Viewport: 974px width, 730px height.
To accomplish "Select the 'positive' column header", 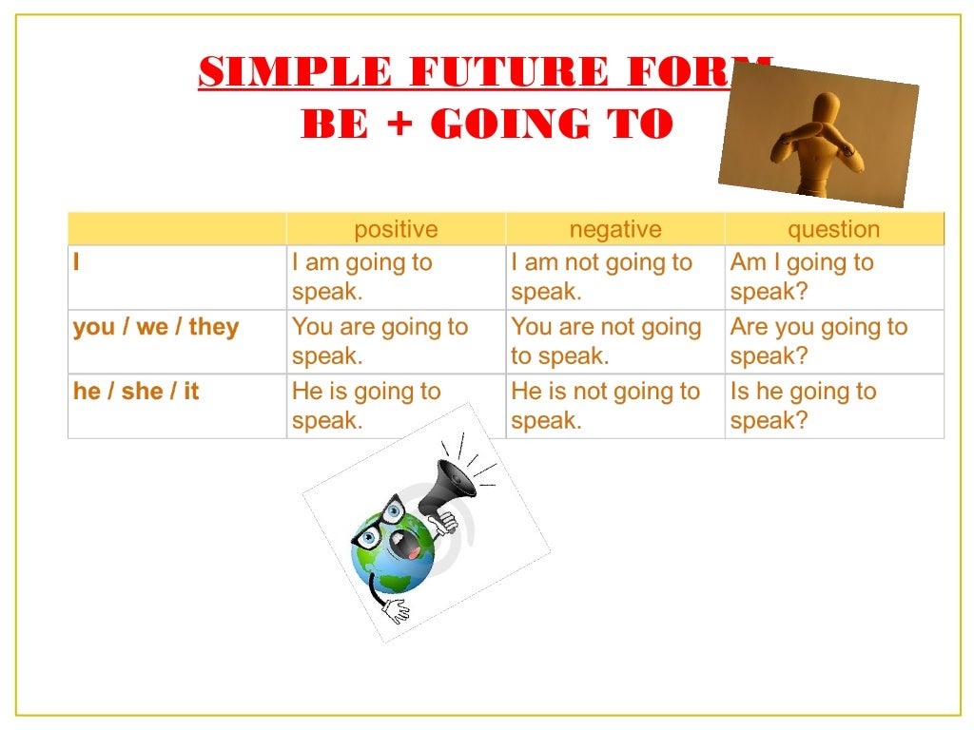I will click(x=396, y=229).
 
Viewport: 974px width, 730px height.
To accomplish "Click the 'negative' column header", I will click(x=614, y=229).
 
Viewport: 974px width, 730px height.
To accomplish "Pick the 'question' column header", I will click(x=833, y=229).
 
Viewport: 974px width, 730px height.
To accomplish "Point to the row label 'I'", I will click(x=77, y=262).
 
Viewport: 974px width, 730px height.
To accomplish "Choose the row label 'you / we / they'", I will click(x=156, y=327).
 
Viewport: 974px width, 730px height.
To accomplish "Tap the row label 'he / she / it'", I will click(x=136, y=392).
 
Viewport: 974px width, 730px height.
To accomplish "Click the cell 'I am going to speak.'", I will click(x=361, y=277).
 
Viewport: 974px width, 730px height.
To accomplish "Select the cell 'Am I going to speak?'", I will click(x=801, y=277).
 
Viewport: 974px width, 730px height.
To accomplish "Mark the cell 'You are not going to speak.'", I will click(x=606, y=341).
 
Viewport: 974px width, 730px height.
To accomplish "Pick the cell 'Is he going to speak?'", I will click(x=803, y=406).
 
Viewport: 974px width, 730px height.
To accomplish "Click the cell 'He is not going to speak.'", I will click(x=605, y=406).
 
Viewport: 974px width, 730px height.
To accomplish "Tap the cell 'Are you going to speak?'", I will click(x=818, y=341).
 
